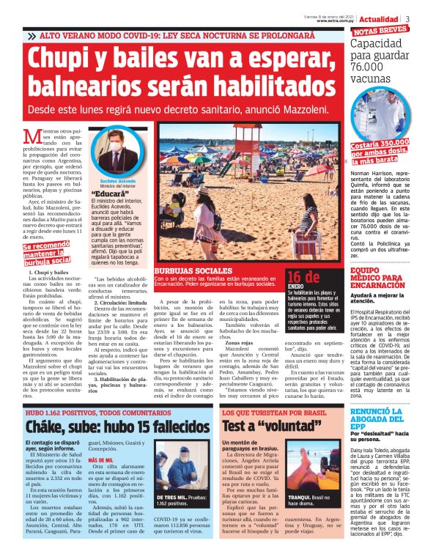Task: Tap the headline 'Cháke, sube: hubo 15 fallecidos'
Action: point(107,425)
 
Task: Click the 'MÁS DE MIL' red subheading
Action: point(100,460)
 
